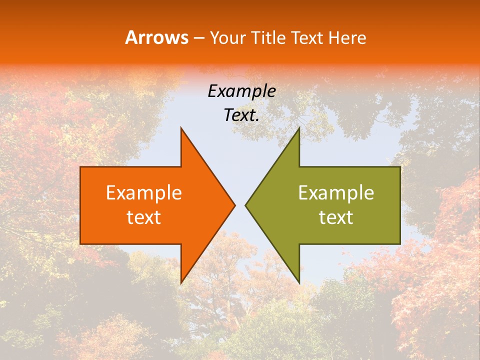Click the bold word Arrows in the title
pos(157,37)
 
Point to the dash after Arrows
pos(198,38)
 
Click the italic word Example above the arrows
pos(241,91)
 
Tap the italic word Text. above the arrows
pos(241,115)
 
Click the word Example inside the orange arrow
pos(144,192)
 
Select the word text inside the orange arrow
pos(144,217)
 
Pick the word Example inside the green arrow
pos(336,192)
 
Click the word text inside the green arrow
pos(336,217)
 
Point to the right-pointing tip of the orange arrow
pos(235,205)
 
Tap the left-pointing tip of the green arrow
pos(245,205)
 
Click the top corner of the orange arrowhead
pos(181,127)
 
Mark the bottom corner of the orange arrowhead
pos(181,283)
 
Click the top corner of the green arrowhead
pos(299,127)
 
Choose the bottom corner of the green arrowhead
pos(299,283)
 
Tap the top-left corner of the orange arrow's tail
pos(80,167)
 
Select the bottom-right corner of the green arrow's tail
pos(400,244)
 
